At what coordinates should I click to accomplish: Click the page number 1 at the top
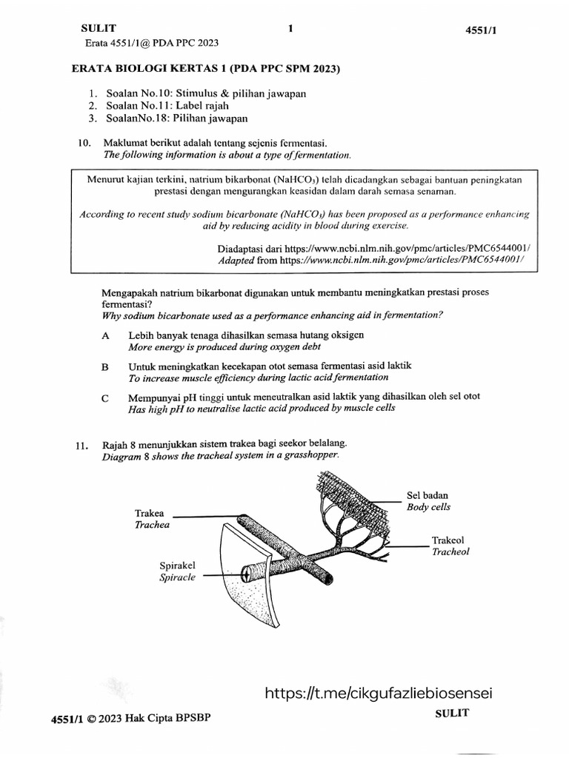click(290, 29)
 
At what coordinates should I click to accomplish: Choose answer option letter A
click(106, 335)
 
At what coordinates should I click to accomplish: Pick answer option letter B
click(106, 366)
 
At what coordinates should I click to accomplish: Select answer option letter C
click(106, 398)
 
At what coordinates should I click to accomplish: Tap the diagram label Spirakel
click(177, 566)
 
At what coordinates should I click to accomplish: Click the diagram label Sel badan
click(427, 495)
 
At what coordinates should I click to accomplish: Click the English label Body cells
click(428, 507)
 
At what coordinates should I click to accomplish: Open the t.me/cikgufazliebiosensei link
click(378, 693)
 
